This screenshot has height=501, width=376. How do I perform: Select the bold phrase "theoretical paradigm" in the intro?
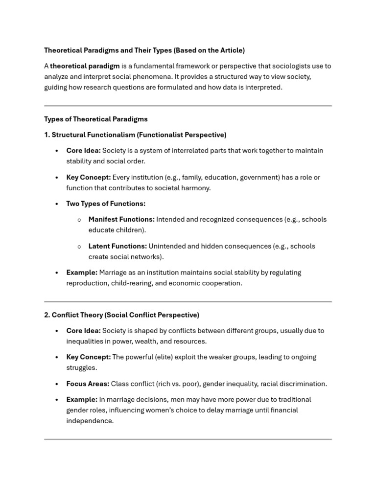[x=85, y=66]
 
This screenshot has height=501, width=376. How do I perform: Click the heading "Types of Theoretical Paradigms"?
[x=96, y=119]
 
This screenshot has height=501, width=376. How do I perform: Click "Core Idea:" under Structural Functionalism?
[x=83, y=151]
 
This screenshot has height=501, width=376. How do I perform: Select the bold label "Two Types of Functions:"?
[x=106, y=204]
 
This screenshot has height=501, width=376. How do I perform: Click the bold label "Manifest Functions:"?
[x=121, y=220]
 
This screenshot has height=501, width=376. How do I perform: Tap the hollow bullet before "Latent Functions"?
[x=79, y=247]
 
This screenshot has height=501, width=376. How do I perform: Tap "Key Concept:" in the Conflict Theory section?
[x=88, y=357]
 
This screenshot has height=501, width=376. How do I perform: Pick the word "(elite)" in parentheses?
[x=165, y=357]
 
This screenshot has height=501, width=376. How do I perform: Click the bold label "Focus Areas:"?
[x=88, y=384]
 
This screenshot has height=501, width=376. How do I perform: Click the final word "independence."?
[x=90, y=421]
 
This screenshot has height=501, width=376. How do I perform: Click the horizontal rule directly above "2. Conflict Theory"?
[x=188, y=301]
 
